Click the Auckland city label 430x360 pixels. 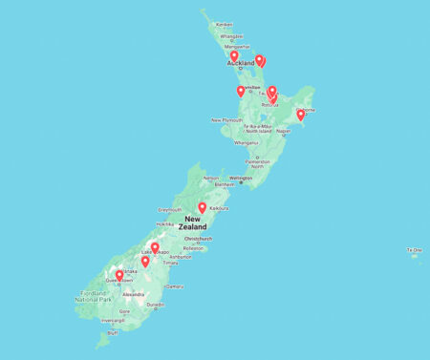pyautogui.click(x=240, y=65)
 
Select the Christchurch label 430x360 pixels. pyautogui.click(x=199, y=239)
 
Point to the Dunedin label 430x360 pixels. pyautogui.click(x=156, y=305)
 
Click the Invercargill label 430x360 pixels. pyautogui.click(x=113, y=321)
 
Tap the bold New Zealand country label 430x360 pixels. pyautogui.click(x=193, y=222)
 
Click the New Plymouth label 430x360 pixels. pyautogui.click(x=228, y=119)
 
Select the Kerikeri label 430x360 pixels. pyautogui.click(x=225, y=24)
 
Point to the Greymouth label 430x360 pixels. pyautogui.click(x=170, y=209)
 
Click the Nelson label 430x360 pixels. pyautogui.click(x=211, y=178)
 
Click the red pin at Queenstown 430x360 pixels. pyautogui.click(x=119, y=276)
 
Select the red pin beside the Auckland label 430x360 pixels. pyautogui.click(x=234, y=56)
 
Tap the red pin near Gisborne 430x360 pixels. pyautogui.click(x=300, y=115)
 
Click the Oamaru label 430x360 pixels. pyautogui.click(x=174, y=286)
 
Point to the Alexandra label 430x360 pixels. pyautogui.click(x=134, y=294)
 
